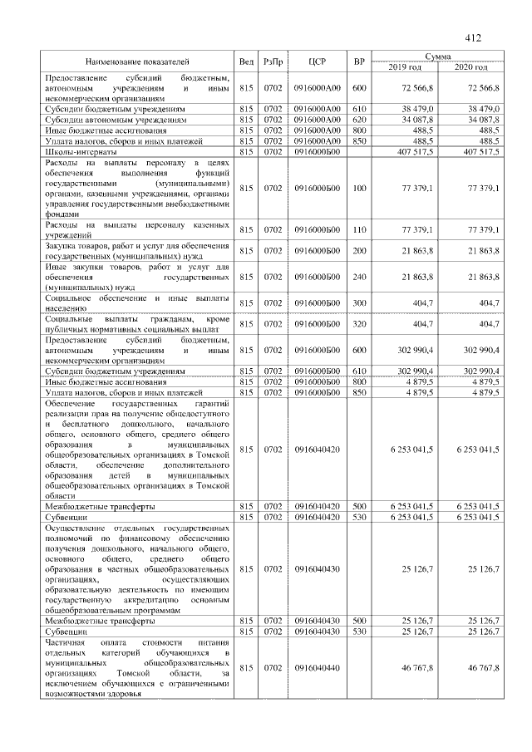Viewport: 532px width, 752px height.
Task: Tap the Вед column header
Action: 246,61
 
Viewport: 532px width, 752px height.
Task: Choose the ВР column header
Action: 359,61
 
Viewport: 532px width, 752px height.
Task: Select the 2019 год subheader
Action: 405,66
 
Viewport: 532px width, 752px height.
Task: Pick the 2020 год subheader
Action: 470,66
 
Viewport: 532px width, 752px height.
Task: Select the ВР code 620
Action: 359,120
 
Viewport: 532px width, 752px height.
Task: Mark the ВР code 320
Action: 359,323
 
